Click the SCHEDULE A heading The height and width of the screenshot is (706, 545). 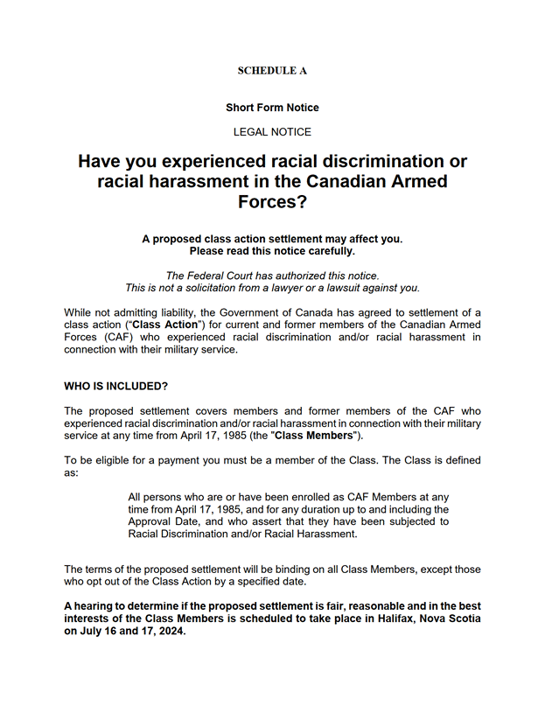click(x=272, y=71)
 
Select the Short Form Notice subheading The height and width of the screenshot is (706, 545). click(x=272, y=108)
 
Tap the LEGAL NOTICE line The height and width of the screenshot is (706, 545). click(x=272, y=132)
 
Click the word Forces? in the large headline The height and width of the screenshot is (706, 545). click(x=272, y=202)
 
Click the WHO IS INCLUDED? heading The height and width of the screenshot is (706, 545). click(x=116, y=386)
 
